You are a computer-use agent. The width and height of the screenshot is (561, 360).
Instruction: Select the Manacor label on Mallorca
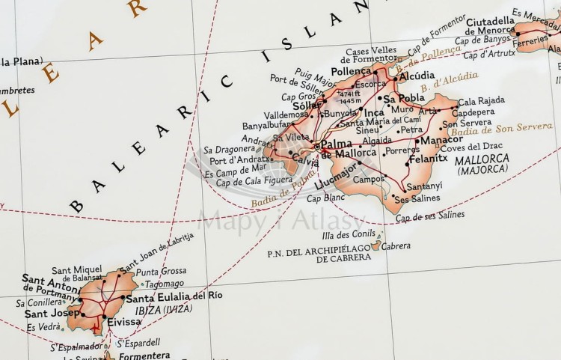click(x=443, y=140)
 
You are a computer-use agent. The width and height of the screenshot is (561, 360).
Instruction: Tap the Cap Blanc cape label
click(x=325, y=198)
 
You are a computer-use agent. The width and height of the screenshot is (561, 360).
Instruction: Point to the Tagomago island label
click(x=164, y=284)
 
